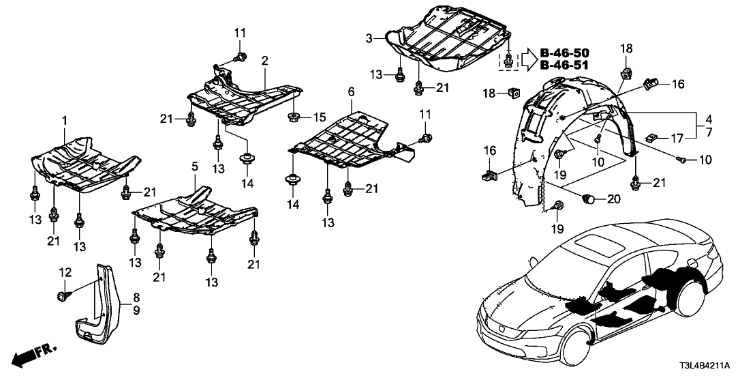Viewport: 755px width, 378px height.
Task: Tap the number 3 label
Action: coord(369,38)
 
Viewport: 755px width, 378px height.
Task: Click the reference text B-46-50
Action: coord(564,53)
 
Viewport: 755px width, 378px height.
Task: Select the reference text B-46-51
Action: coord(564,66)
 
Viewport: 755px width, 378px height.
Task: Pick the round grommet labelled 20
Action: coord(589,199)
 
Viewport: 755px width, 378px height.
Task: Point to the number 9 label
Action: coord(136,310)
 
